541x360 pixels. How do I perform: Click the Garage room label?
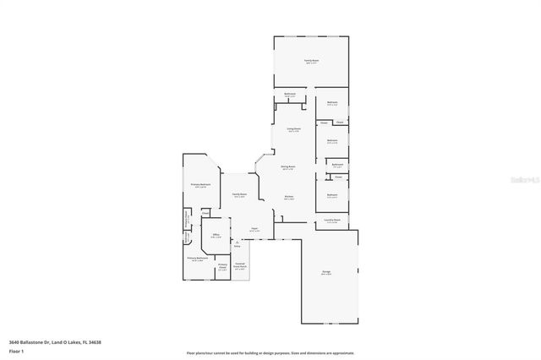click(325, 273)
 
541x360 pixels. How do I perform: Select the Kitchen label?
click(288, 199)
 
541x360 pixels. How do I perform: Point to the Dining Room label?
click(288, 167)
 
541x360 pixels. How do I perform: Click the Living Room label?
click(293, 130)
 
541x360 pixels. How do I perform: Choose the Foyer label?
click(254, 228)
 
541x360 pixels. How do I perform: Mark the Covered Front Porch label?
click(240, 267)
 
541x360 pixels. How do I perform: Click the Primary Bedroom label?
click(199, 185)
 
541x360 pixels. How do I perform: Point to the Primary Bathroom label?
click(198, 259)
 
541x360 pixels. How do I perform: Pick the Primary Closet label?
click(222, 267)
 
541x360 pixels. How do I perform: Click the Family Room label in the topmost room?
click(311, 61)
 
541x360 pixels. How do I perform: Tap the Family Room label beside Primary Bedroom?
click(239, 195)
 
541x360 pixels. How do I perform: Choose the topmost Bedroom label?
click(332, 103)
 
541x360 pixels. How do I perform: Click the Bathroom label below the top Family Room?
click(290, 95)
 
